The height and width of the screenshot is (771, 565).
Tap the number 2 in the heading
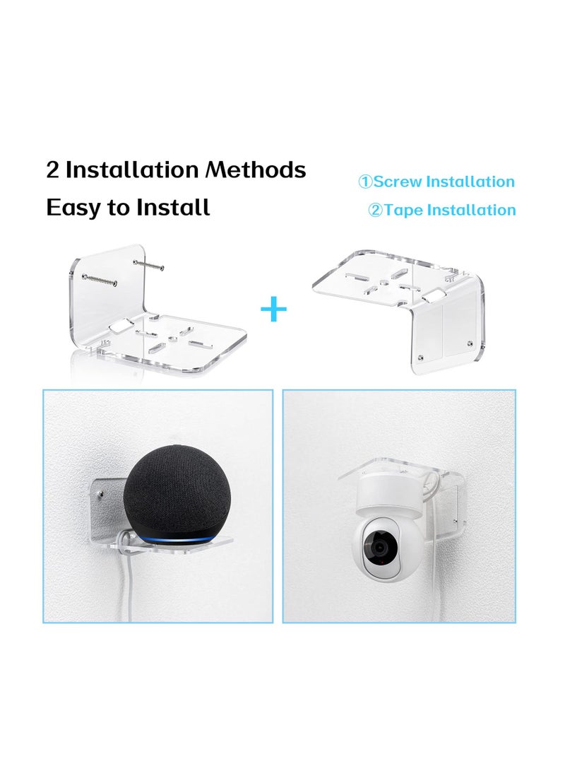[x=52, y=170]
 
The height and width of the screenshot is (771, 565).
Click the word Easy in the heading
[x=71, y=208]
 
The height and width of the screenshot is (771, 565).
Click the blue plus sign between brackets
[x=273, y=310]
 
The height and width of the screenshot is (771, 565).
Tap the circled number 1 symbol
[x=365, y=182]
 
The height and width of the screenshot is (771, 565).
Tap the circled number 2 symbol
[x=374, y=211]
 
